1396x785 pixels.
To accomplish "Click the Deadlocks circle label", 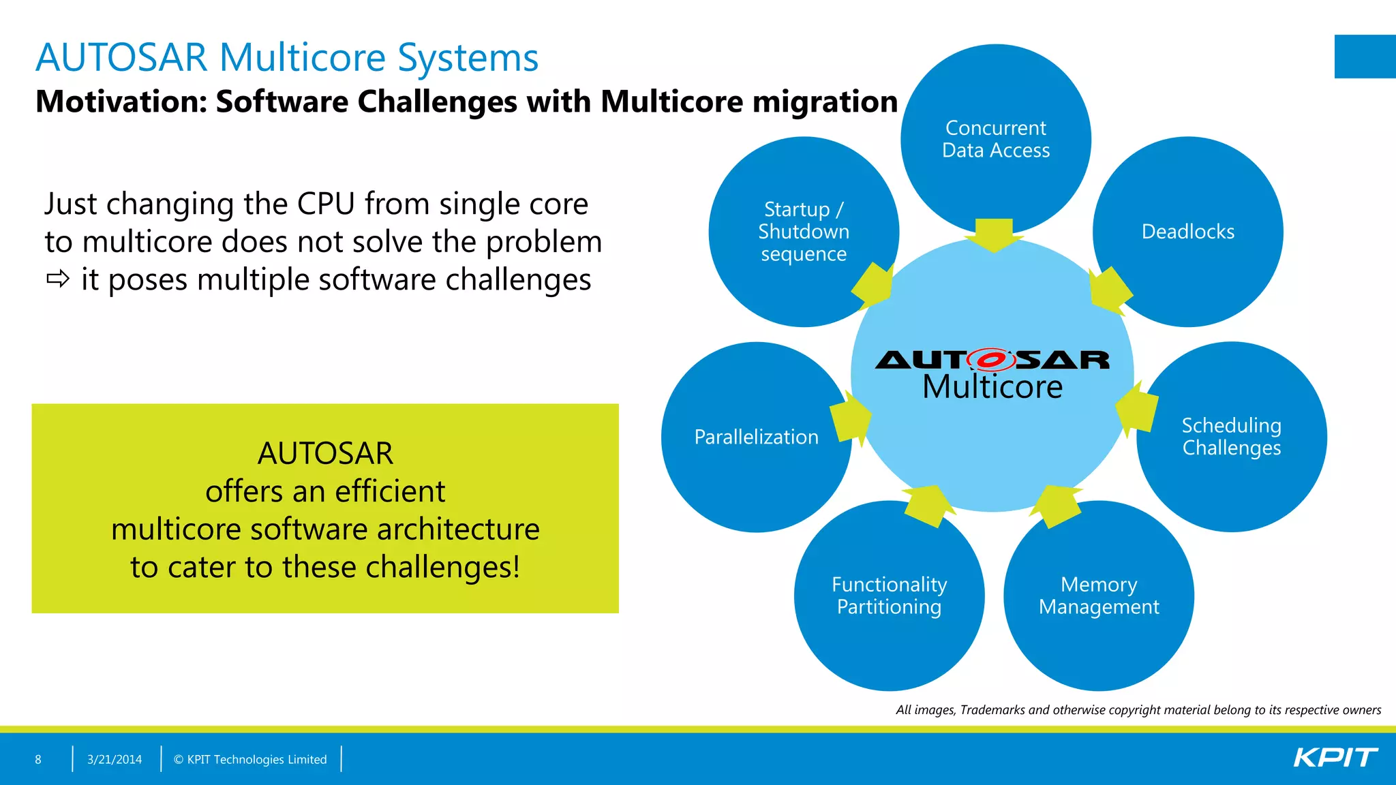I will (x=1187, y=232).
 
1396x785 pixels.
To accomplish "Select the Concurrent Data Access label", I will (x=995, y=139).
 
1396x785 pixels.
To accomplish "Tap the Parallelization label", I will (x=756, y=437).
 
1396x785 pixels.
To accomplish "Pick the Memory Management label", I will (x=1099, y=596).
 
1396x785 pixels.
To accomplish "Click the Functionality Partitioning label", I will (x=889, y=596).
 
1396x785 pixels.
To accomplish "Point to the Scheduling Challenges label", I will (x=1231, y=436).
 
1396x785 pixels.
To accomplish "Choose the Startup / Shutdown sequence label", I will (x=804, y=232).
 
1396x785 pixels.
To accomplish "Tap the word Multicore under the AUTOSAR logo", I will (x=992, y=387).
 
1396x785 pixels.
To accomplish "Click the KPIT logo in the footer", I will (x=1335, y=758).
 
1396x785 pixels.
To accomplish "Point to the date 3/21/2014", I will (x=115, y=759).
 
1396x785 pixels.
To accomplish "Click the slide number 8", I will (x=38, y=759).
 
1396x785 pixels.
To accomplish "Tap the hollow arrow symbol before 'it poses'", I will (x=58, y=279).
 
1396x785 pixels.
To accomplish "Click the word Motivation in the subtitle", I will (x=120, y=102).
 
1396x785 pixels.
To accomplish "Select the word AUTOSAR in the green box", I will (x=325, y=453).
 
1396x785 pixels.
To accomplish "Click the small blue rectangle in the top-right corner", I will (x=1365, y=57).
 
